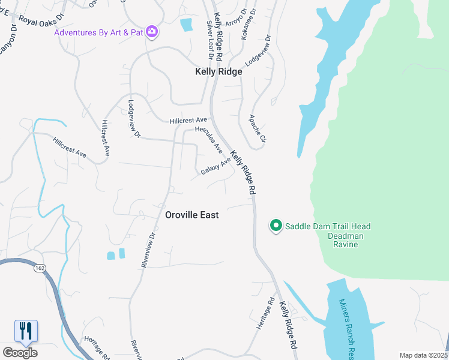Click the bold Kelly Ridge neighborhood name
(218, 71)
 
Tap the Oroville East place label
(192, 215)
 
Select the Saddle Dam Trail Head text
(327, 226)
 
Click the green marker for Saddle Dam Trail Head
(276, 226)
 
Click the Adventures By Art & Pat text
(99, 31)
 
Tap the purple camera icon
(152, 31)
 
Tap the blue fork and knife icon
(26, 331)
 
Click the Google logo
(20, 352)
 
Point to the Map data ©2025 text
(423, 355)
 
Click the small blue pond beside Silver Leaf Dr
(186, 25)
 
